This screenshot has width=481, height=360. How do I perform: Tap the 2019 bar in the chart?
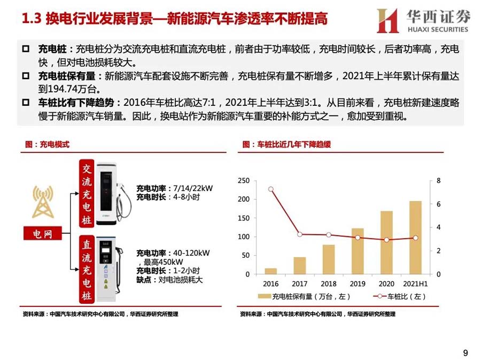358,251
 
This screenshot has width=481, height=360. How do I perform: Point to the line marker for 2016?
271,189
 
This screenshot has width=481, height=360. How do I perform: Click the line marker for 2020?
386,240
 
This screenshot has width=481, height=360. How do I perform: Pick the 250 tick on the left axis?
244,181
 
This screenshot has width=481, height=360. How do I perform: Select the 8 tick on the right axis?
439,181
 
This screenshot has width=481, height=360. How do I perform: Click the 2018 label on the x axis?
329,284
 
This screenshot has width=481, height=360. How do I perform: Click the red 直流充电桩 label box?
87,271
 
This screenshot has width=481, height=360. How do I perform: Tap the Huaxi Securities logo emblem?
387,21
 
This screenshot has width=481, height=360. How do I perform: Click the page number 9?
465,353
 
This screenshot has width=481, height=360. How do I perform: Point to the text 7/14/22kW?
192,189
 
